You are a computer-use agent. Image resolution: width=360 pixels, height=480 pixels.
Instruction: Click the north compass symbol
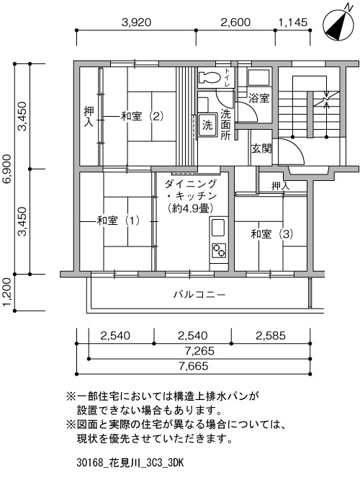click(x=339, y=25)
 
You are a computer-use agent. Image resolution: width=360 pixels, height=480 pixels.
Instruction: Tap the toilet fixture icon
click(x=210, y=77)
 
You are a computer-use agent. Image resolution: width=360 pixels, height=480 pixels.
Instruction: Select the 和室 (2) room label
click(x=143, y=116)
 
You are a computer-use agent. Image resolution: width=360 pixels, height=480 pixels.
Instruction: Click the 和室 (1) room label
click(x=118, y=221)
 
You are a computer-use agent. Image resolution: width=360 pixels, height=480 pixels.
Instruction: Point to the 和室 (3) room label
click(x=272, y=234)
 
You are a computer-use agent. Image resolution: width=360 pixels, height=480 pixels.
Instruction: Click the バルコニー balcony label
click(x=199, y=295)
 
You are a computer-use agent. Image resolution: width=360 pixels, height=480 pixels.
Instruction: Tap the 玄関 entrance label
click(x=261, y=149)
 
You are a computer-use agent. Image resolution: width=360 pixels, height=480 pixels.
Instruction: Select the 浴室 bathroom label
click(x=258, y=98)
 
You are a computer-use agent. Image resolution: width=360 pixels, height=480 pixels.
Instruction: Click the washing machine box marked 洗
click(x=207, y=125)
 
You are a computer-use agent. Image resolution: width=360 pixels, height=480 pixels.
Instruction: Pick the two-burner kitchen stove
click(x=219, y=251)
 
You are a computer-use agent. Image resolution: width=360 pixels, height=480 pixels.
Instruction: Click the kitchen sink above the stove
click(x=218, y=228)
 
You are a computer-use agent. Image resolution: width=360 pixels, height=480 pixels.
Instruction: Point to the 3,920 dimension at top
click(x=136, y=22)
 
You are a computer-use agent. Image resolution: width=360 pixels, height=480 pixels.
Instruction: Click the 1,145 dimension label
click(x=293, y=22)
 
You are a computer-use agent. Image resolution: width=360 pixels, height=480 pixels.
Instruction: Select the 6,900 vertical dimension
click(x=7, y=169)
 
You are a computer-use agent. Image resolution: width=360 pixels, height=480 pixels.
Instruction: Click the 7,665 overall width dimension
click(x=194, y=366)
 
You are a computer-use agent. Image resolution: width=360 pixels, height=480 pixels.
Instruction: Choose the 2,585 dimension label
click(x=271, y=336)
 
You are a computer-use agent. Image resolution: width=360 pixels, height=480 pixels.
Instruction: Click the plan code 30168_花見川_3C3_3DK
click(x=130, y=463)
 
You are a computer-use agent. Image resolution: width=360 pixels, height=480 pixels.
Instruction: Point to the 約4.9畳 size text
click(x=190, y=208)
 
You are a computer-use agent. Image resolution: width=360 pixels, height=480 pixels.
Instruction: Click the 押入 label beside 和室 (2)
click(x=89, y=117)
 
